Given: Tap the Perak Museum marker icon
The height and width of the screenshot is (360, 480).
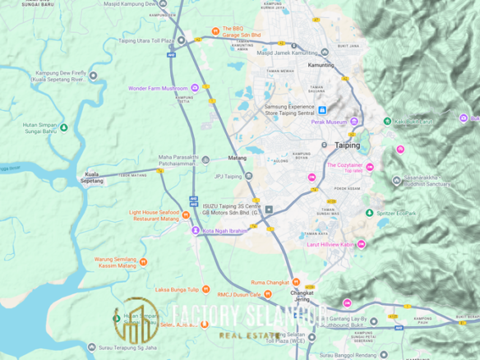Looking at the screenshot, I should click(354, 122).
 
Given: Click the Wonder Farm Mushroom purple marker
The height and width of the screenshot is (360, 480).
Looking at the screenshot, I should click(195, 88).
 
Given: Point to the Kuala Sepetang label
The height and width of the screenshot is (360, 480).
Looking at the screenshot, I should click(92, 177).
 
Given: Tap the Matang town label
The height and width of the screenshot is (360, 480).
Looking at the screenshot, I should click(237, 156).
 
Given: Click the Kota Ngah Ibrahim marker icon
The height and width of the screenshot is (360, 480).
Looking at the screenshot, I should click(196, 231).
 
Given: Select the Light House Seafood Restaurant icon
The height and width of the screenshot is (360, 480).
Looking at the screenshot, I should click(161, 216).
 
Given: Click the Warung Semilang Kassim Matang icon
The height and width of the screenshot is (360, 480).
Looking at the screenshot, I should click(143, 262).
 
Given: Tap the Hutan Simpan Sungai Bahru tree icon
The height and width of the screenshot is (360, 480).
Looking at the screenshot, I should click(64, 127).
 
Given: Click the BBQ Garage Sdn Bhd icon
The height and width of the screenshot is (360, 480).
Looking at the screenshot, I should click(216, 32).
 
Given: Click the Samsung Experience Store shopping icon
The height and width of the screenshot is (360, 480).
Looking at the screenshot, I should click(322, 110).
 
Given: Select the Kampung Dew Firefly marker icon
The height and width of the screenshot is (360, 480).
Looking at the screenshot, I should click(93, 75).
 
